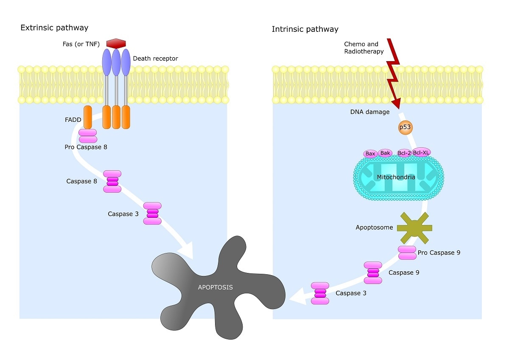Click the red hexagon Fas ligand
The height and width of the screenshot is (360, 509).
click(x=116, y=43)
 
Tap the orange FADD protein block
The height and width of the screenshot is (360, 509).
click(x=88, y=117)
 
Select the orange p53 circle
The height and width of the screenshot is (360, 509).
click(x=405, y=127)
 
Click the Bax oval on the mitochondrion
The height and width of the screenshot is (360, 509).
click(x=370, y=153)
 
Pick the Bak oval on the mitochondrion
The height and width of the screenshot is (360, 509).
click(x=385, y=153)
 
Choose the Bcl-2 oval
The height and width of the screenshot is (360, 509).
click(x=404, y=153)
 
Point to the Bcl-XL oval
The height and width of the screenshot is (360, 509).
click(x=421, y=152)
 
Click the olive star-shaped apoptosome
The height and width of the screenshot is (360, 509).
click(x=414, y=228)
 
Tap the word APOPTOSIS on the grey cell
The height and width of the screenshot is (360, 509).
click(x=215, y=287)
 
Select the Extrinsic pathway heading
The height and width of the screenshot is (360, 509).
click(x=54, y=28)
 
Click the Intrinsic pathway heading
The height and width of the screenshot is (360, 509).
click(x=305, y=29)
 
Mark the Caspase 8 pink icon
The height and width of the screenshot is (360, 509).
click(x=112, y=181)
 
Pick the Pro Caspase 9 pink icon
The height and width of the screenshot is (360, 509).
click(x=407, y=253)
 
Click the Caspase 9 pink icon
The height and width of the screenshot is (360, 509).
click(x=373, y=273)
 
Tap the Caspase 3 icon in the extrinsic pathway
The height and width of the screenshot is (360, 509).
click(x=152, y=213)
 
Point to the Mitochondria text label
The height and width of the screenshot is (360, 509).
click(x=396, y=177)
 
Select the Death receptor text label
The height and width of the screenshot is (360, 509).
click(x=156, y=59)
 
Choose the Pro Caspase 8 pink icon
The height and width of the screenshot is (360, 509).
click(x=88, y=136)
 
